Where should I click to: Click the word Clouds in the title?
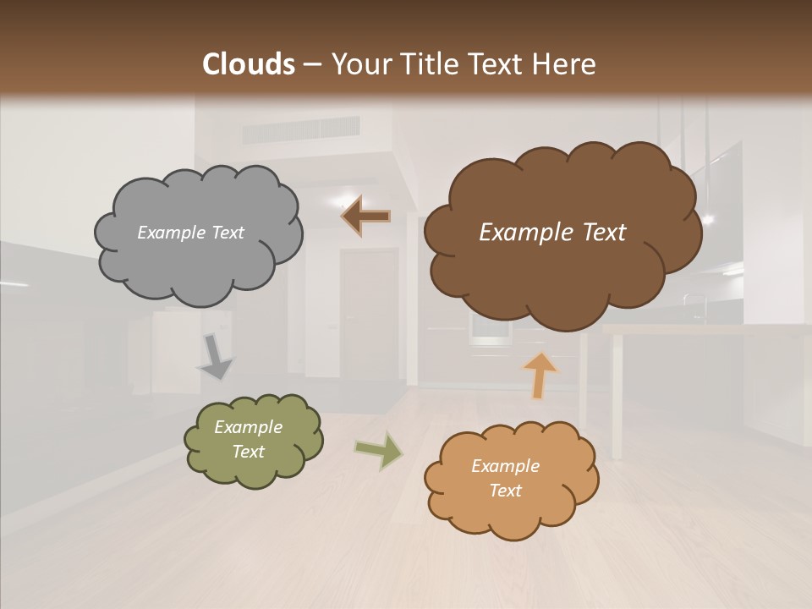click(248, 64)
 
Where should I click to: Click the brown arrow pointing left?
click(365, 217)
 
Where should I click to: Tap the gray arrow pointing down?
click(216, 356)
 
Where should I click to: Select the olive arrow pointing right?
click(379, 450)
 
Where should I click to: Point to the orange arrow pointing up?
click(540, 374)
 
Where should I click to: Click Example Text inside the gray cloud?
click(190, 233)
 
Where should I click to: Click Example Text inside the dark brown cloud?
click(552, 233)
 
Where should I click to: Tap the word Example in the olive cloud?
click(248, 427)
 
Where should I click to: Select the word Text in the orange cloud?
click(506, 491)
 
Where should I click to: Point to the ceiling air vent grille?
click(301, 130)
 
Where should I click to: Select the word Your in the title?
click(358, 64)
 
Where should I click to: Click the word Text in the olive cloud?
click(248, 452)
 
